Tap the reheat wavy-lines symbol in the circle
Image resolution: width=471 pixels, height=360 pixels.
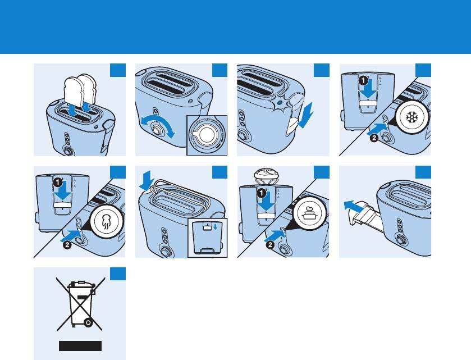click(106, 222)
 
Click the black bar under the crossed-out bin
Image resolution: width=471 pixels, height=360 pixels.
click(80, 346)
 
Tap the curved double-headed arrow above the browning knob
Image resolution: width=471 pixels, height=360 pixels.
click(158, 126)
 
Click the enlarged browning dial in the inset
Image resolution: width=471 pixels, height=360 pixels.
click(207, 135)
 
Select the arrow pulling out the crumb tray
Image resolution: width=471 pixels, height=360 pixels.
click(354, 207)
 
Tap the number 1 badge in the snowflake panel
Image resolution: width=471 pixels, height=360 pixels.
click(363, 80)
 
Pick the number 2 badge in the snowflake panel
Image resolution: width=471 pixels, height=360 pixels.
click(374, 138)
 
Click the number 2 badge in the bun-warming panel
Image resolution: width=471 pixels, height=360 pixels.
click(271, 245)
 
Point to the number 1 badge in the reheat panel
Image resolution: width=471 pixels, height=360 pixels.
click(58, 182)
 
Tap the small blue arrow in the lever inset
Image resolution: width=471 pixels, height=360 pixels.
click(215, 226)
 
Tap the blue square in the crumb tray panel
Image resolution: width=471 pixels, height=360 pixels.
click(423, 172)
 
